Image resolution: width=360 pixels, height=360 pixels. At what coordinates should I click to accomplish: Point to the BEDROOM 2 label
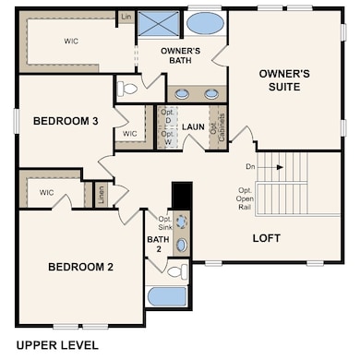80,267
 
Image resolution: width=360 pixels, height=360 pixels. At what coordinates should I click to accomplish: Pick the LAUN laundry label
193,127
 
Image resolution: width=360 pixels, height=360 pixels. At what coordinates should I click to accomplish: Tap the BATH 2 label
157,245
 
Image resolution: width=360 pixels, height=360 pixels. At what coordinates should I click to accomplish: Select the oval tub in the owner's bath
204,22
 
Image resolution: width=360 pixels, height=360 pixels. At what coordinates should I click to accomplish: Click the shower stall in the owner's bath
159,23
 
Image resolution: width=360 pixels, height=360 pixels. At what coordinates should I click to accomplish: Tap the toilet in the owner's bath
128,90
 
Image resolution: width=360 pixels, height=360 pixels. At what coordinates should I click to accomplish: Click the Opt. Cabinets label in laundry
218,126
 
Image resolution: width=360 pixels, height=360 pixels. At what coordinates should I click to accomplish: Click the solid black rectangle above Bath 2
181,196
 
